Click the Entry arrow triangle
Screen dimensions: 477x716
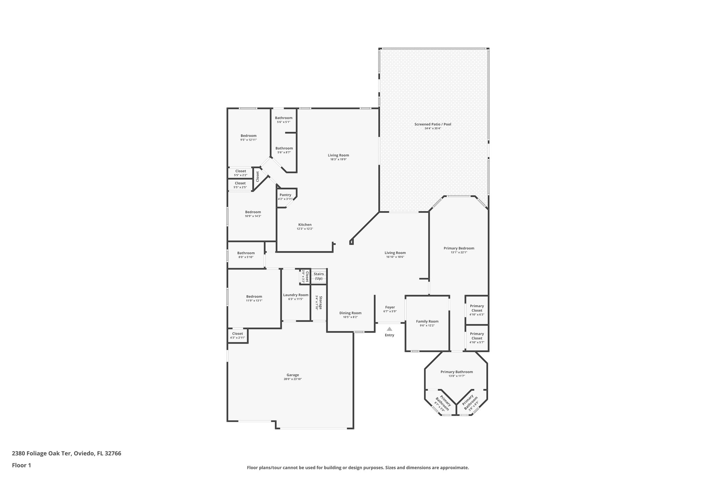(x=389, y=329)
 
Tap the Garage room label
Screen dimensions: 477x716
(x=293, y=375)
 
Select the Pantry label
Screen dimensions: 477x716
(x=285, y=195)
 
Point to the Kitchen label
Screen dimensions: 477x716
(x=305, y=225)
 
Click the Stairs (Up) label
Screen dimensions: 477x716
(x=318, y=276)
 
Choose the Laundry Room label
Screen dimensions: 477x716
(x=296, y=295)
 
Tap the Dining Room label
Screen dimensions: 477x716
(x=350, y=313)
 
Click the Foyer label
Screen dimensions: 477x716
(x=390, y=307)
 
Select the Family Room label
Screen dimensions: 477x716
(x=427, y=321)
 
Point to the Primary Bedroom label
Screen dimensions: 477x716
(x=459, y=248)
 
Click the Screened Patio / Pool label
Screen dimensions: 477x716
(x=433, y=124)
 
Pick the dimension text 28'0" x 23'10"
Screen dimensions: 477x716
(x=293, y=379)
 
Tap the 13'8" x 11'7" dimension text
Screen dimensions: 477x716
(x=457, y=376)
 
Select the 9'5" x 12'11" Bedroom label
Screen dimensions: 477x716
(x=249, y=136)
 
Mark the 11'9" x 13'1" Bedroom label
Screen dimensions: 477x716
(x=254, y=296)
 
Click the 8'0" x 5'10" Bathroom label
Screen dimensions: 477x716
(x=246, y=253)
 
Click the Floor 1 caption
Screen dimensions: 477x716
(x=22, y=465)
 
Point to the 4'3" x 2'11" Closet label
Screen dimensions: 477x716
(x=238, y=334)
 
